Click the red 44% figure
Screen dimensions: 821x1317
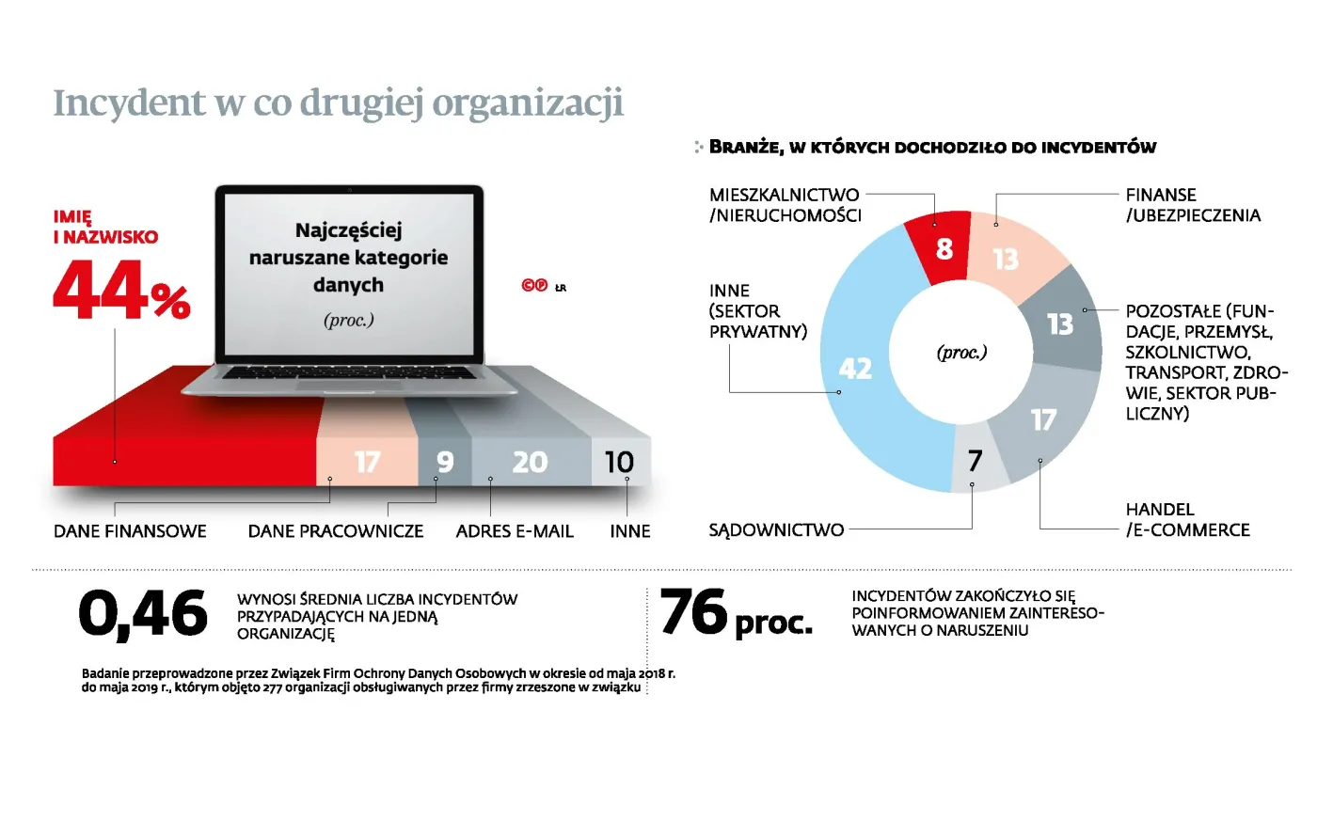point(120,290)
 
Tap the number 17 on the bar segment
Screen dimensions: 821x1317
point(367,462)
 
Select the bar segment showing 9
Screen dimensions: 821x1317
point(445,462)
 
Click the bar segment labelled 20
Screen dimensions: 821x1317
point(530,462)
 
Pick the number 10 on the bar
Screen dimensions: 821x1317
point(619,462)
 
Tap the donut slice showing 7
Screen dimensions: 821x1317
point(976,461)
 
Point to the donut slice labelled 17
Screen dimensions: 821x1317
point(1043,419)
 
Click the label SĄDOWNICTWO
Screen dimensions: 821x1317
point(776,530)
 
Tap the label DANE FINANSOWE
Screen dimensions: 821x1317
point(130,531)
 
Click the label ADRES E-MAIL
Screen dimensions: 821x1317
point(515,531)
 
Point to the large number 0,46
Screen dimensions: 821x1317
point(143,614)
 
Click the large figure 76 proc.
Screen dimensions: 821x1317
point(736,614)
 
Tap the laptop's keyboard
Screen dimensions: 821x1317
point(349,372)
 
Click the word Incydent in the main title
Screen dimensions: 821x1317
point(129,103)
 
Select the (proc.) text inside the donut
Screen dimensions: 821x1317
point(961,353)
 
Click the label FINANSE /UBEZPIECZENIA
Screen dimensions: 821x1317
point(1192,205)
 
